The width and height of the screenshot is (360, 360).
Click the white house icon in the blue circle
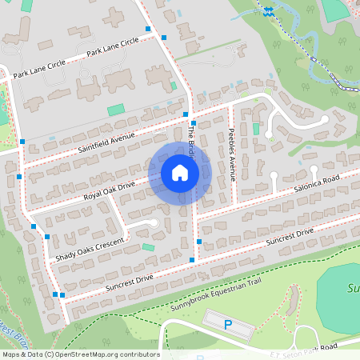pos(180,173)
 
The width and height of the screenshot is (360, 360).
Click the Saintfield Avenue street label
pos(107,143)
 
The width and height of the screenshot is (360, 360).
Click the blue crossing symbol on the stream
pos(268,11)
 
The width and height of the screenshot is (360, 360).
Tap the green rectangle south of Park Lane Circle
pos(117,110)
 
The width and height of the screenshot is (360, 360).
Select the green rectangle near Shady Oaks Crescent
pos(148,248)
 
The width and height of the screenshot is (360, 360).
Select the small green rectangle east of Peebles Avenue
pos(257,129)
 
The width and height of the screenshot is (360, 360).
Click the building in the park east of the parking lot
pos(292,300)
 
